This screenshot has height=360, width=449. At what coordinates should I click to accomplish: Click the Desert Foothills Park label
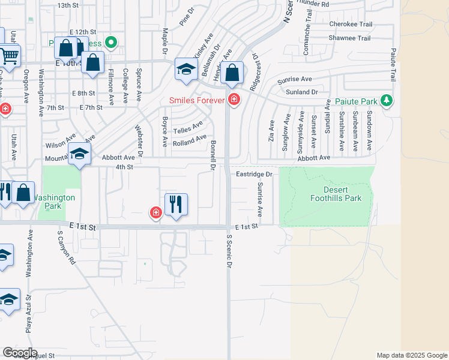[x=336, y=194]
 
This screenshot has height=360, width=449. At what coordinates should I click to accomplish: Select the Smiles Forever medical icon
[x=235, y=100]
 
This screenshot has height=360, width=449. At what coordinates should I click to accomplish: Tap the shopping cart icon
[x=9, y=56]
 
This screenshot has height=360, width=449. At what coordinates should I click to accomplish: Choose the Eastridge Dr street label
[x=254, y=174]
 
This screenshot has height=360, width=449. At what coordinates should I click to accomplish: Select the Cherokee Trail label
[x=350, y=25]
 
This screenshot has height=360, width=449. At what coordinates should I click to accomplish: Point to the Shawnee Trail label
[x=350, y=38]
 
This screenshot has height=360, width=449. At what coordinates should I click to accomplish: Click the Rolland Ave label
[x=189, y=142]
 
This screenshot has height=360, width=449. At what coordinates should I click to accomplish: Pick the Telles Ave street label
[x=188, y=128]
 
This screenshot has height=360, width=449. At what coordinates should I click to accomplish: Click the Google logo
[x=20, y=353]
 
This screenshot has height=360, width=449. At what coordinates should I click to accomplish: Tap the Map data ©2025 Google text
[x=411, y=355]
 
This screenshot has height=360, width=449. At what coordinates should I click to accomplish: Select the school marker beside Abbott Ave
[x=79, y=154]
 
